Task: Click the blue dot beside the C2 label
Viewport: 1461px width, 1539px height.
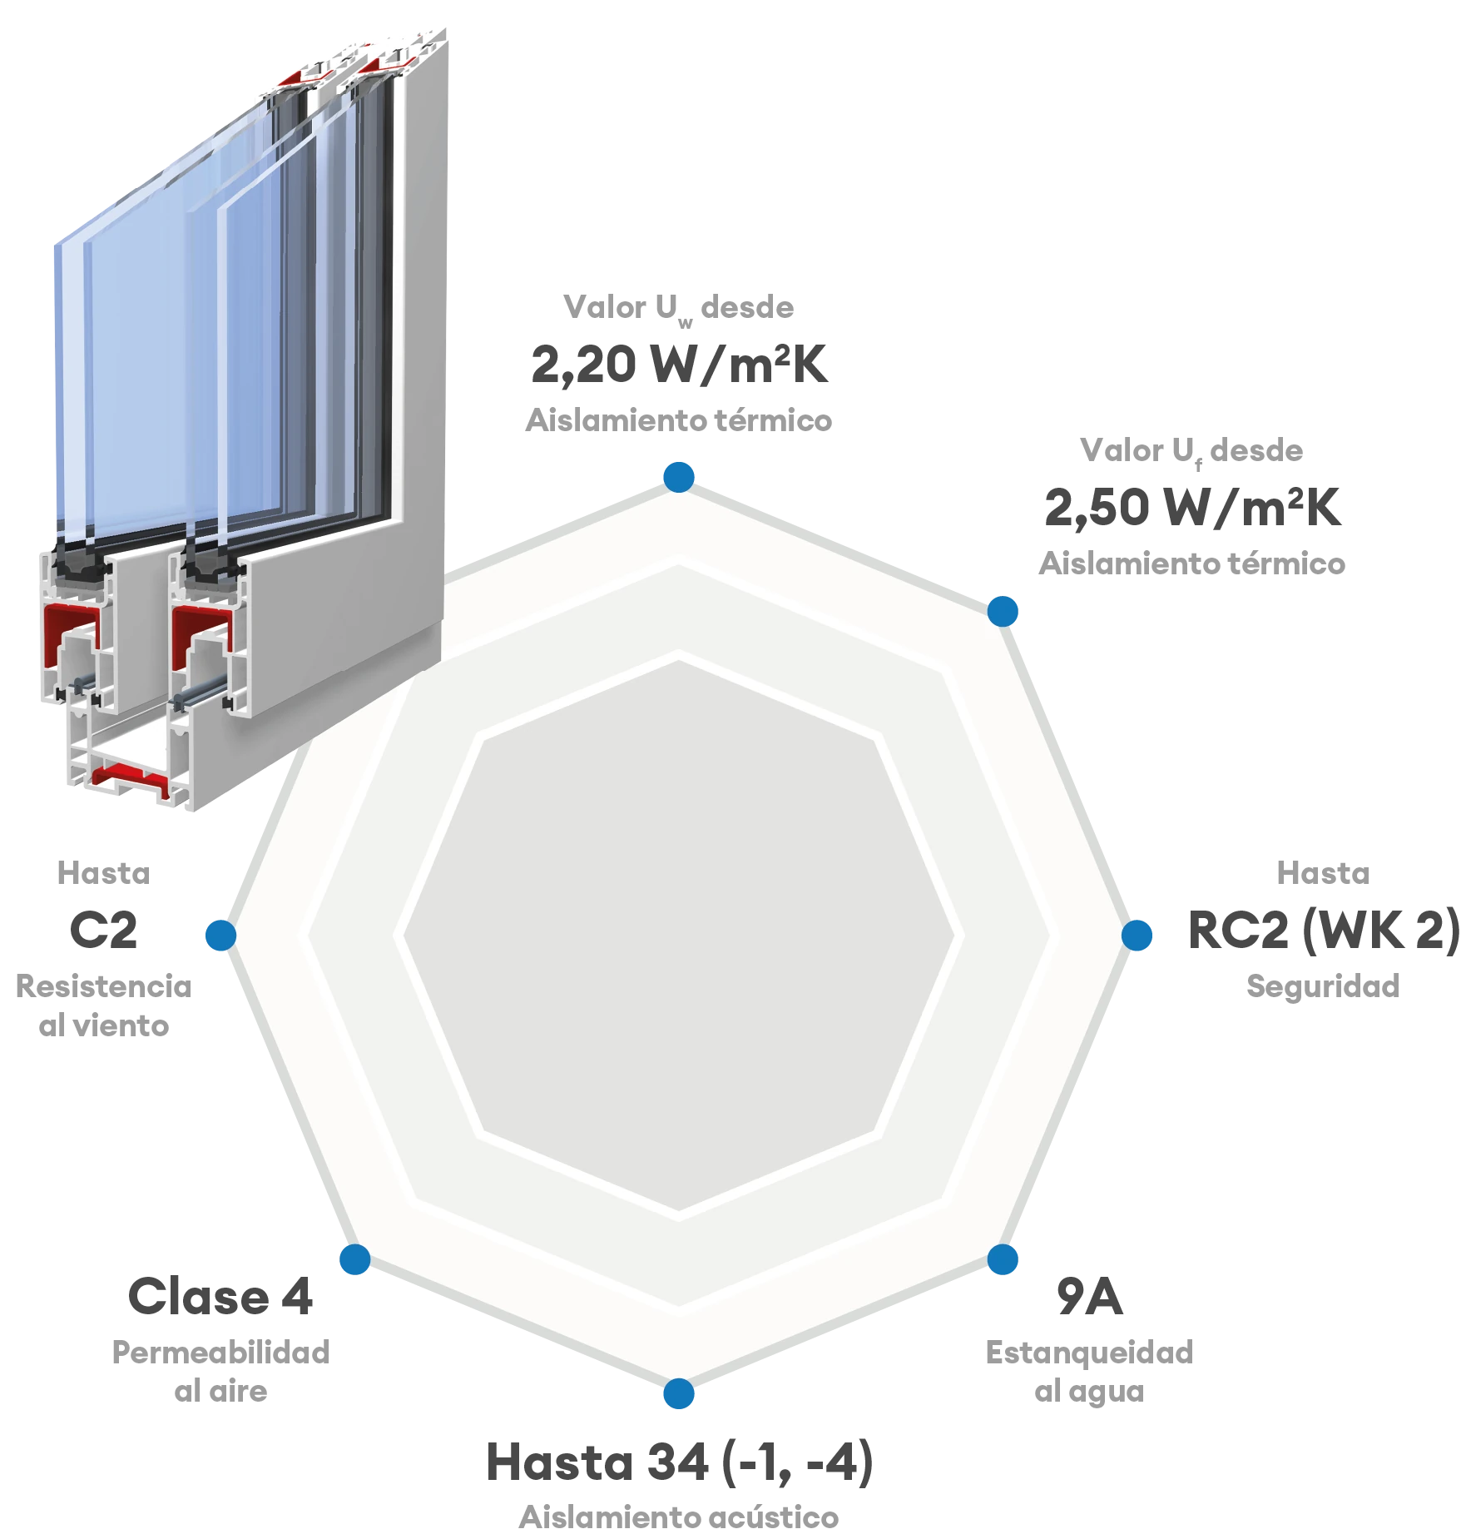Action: (x=220, y=935)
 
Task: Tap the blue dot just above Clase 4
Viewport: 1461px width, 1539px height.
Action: (x=354, y=1260)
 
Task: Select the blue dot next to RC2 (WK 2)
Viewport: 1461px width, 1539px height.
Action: (x=1137, y=935)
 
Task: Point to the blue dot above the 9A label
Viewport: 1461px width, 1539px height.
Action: (x=1003, y=1260)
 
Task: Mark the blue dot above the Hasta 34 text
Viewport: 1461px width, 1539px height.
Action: (x=679, y=1394)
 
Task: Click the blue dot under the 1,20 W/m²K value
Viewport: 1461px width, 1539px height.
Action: (x=679, y=476)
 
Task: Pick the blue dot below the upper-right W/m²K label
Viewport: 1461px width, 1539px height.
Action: (x=1003, y=610)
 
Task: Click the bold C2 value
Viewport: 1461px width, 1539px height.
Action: (x=103, y=930)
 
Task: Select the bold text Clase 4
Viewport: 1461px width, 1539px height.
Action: (x=220, y=1296)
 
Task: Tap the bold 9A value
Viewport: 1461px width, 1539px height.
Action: (x=1089, y=1296)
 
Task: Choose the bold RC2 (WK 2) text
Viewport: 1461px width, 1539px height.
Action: (x=1320, y=930)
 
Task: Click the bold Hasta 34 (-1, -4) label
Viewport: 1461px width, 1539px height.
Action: (x=679, y=1462)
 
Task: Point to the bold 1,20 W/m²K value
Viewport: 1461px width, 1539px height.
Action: (x=681, y=364)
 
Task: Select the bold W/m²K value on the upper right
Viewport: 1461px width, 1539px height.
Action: (x=1193, y=506)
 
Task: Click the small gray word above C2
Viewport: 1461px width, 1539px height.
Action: (x=103, y=874)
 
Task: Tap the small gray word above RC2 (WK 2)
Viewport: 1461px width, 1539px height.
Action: (x=1324, y=874)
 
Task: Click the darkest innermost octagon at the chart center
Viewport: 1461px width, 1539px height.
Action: (x=679, y=935)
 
